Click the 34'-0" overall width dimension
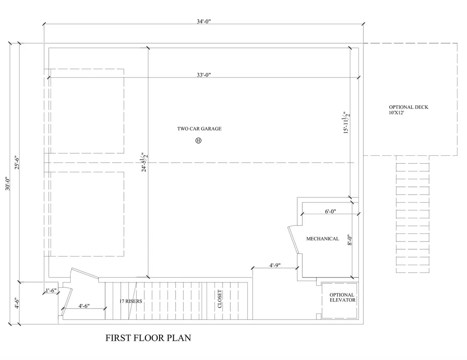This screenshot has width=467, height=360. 204,21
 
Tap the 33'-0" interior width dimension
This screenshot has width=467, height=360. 204,75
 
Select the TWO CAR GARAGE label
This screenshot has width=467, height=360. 199,129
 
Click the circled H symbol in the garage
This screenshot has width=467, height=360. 198,140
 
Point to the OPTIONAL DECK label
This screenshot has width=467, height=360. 409,107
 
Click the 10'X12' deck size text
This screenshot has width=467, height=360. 396,113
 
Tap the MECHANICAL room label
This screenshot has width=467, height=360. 322,239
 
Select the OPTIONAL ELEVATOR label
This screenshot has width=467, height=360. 342,298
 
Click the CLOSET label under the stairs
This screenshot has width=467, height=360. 220,299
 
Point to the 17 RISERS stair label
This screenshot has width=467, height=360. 131,301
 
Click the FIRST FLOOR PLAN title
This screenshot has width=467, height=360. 148,338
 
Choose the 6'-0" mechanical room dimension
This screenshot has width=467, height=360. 330,211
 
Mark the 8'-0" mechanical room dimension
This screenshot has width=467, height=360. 350,240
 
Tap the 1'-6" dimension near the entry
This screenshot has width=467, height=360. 51,290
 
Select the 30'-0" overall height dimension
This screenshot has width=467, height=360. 8,184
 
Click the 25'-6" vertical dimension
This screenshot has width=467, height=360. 17,162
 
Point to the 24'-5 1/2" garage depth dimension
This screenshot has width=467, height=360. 144,162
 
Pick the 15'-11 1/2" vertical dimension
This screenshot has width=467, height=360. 346,123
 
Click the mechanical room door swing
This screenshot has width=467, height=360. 293,240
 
